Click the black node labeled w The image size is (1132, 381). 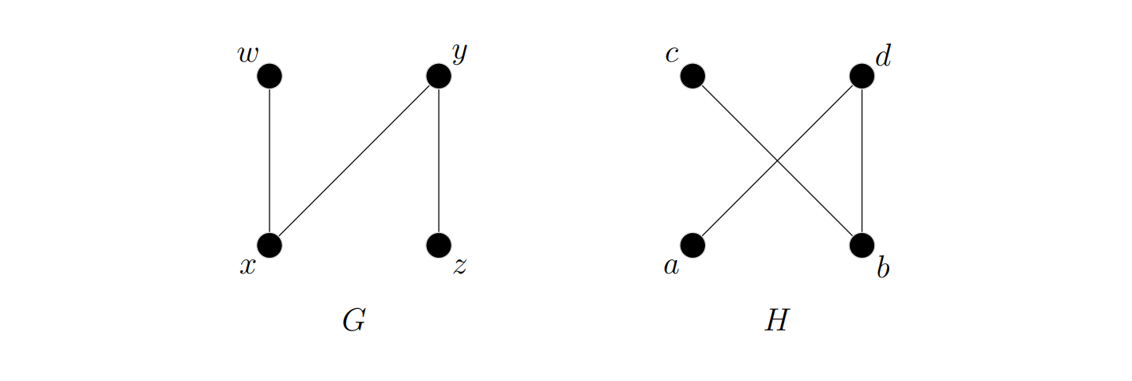click(270, 76)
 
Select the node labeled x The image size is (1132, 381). click(270, 245)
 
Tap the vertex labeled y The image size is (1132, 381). click(439, 76)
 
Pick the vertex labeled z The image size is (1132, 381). click(439, 245)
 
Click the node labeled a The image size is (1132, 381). click(692, 245)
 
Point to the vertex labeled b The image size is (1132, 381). click(862, 245)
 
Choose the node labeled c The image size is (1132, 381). click(692, 76)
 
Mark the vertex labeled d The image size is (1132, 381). click(862, 76)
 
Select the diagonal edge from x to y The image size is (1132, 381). click(354, 160)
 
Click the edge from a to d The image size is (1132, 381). click(735, 202)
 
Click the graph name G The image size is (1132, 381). click(353, 322)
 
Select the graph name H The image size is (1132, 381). click(776, 322)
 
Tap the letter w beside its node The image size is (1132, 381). click(248, 55)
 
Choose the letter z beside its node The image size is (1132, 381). click(460, 267)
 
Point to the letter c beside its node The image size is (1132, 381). click(672, 55)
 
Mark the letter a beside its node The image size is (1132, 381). click(671, 267)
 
